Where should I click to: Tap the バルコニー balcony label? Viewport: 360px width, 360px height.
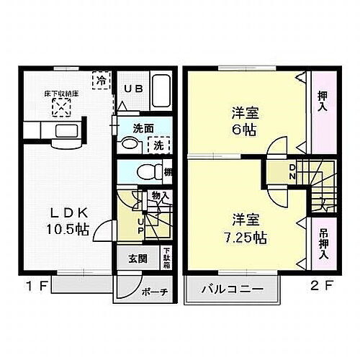pyautogui.click(x=230, y=292)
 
